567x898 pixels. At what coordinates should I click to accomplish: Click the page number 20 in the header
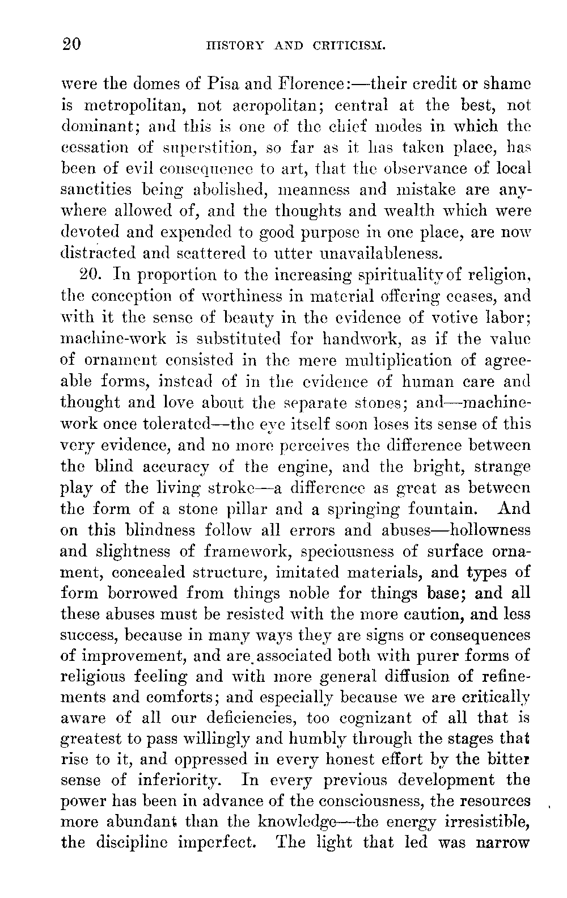point(72,44)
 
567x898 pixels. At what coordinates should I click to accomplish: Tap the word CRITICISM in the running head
point(349,45)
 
